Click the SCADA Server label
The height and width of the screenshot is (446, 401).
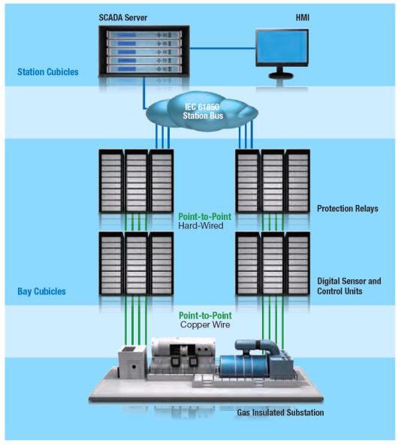click(x=123, y=17)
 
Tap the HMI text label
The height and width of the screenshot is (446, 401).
click(x=303, y=17)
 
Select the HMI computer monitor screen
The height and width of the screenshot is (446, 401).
click(x=282, y=47)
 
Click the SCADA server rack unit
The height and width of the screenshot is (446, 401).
click(x=144, y=52)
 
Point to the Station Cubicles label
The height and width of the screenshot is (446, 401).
click(x=48, y=71)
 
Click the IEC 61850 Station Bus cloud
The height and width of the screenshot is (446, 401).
click(x=202, y=111)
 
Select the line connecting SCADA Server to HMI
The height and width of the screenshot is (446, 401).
click(x=222, y=48)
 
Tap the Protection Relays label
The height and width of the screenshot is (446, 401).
click(x=348, y=209)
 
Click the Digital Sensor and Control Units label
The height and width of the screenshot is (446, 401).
click(x=349, y=286)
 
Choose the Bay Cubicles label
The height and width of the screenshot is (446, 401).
click(x=41, y=291)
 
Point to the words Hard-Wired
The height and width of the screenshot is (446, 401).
click(x=200, y=226)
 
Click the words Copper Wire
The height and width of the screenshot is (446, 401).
click(x=205, y=325)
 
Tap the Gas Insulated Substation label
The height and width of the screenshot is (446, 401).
click(x=280, y=412)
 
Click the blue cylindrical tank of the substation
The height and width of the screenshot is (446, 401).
click(x=245, y=368)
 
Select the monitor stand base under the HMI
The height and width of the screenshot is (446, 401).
click(x=281, y=75)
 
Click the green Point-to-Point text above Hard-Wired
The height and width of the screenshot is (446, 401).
click(x=205, y=217)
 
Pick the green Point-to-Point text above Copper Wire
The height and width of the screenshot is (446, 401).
click(x=205, y=315)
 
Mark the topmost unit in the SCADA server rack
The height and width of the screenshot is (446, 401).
click(x=144, y=35)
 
